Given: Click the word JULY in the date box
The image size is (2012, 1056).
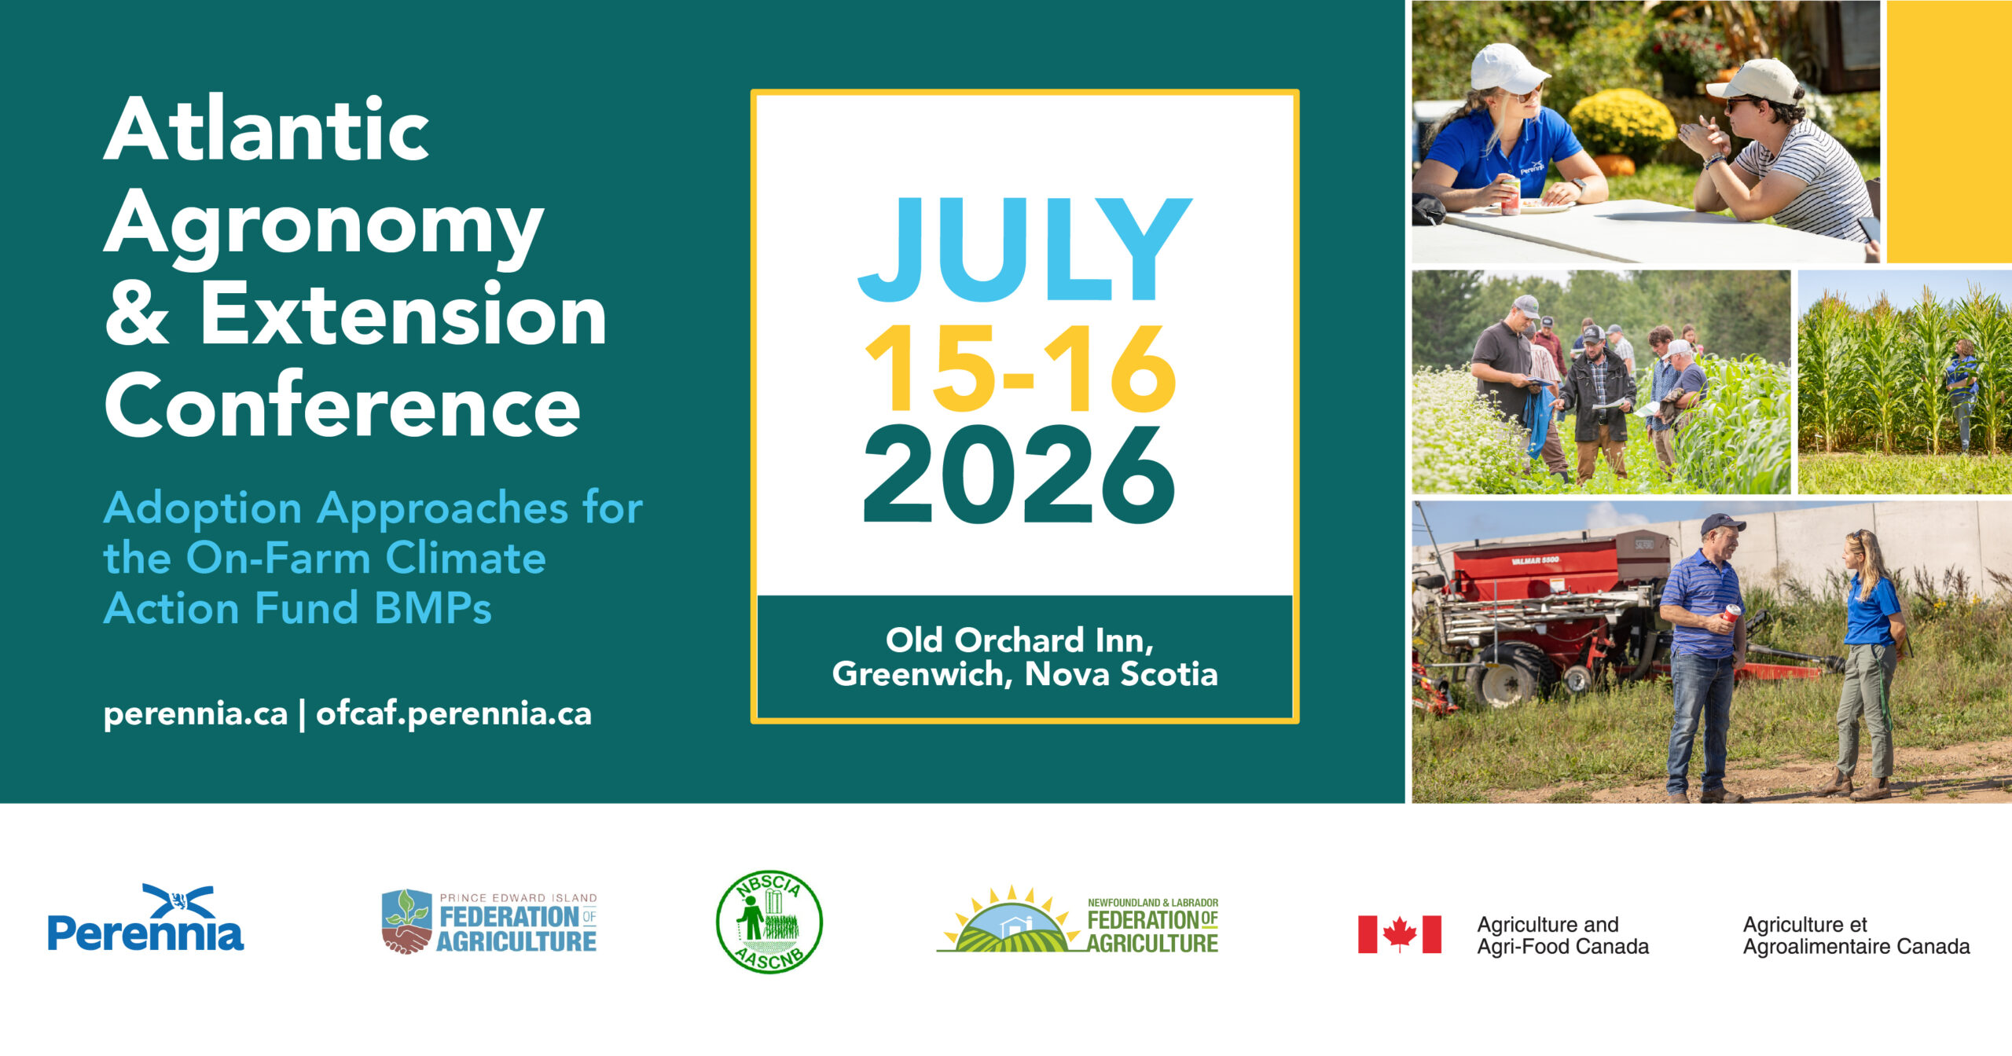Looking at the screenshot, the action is click(x=1024, y=249).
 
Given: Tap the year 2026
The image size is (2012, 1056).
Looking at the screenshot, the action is click(x=1019, y=475).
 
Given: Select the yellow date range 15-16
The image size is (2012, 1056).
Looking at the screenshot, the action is click(x=1020, y=368).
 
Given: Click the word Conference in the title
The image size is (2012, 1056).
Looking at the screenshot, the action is click(x=342, y=405).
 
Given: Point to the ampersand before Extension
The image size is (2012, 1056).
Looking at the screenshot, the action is click(x=137, y=313).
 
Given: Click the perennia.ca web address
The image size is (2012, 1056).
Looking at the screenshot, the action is click(x=196, y=713).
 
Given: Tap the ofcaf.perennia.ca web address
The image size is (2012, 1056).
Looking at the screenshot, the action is click(x=453, y=713).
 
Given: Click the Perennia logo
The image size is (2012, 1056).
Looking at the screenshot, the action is click(x=145, y=918).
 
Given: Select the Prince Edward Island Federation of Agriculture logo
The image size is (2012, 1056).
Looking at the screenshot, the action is click(x=489, y=922).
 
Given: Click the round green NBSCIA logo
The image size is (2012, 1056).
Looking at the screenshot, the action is click(x=769, y=922).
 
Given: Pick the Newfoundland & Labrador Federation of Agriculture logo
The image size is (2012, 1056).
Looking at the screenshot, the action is click(x=1078, y=919).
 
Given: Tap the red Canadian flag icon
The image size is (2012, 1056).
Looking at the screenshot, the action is click(x=1399, y=934).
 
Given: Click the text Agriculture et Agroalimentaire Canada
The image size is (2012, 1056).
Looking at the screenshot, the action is click(x=1856, y=935).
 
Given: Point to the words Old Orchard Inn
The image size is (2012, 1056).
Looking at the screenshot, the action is click(x=1019, y=640).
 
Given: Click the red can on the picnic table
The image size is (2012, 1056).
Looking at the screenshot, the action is click(x=1510, y=196).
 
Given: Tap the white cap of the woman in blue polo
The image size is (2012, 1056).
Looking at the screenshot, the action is click(x=1507, y=68).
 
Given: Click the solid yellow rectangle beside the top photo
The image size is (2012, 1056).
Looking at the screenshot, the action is click(x=1949, y=132).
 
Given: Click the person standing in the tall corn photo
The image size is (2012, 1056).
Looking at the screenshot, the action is click(x=1962, y=393).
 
